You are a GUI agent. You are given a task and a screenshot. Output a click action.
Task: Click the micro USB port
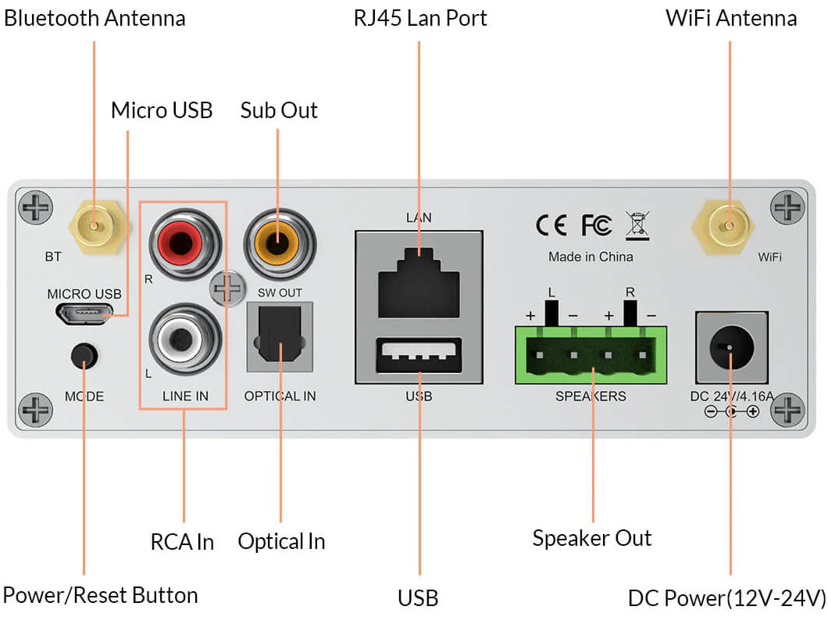(84, 313)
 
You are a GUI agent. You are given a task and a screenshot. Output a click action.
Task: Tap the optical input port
(280, 337)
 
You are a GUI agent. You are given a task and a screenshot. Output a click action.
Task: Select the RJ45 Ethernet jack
(419, 283)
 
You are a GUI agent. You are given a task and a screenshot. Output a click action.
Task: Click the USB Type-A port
(419, 353)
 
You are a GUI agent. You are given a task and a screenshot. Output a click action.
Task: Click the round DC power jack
(731, 347)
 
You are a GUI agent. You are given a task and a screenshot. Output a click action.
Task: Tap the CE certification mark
(551, 225)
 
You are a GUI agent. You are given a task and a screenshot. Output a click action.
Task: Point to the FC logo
(598, 225)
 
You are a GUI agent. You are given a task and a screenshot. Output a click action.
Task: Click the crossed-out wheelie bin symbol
(637, 226)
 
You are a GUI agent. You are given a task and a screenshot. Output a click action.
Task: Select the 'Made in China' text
(591, 257)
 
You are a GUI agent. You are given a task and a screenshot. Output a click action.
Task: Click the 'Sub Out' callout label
(279, 110)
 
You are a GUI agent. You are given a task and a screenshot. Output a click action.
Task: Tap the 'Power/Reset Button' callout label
(100, 596)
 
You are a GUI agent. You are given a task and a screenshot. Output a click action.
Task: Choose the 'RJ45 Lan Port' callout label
(419, 19)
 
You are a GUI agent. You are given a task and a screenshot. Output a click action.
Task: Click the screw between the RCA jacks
(227, 289)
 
